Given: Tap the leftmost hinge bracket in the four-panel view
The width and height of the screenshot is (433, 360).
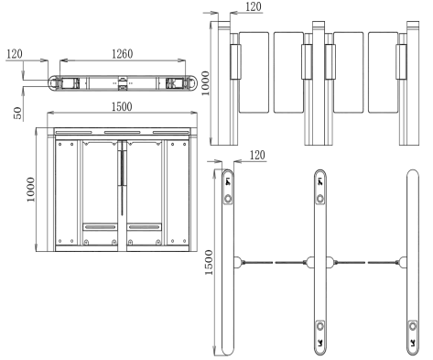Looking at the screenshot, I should (x=234, y=62).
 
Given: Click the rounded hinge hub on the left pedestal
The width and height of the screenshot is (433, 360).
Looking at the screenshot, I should (x=240, y=260).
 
